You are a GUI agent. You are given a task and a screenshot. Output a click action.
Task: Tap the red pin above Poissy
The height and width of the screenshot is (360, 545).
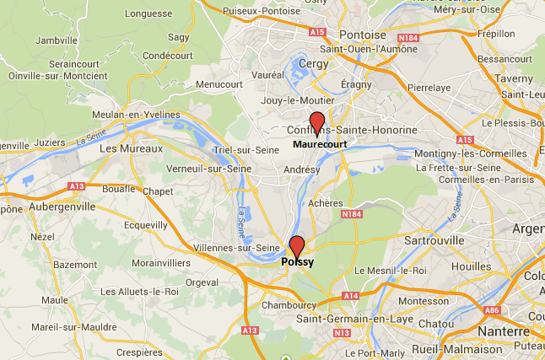point(296,247)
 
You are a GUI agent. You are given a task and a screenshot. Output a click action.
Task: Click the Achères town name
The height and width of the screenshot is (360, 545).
point(326,203)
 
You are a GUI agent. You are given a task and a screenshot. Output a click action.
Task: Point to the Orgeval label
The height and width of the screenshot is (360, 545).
point(202,282)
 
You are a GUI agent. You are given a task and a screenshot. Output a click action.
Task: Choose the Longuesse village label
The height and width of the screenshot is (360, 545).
point(147,14)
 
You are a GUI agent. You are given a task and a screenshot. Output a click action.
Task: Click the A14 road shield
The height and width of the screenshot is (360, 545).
point(350,296)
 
